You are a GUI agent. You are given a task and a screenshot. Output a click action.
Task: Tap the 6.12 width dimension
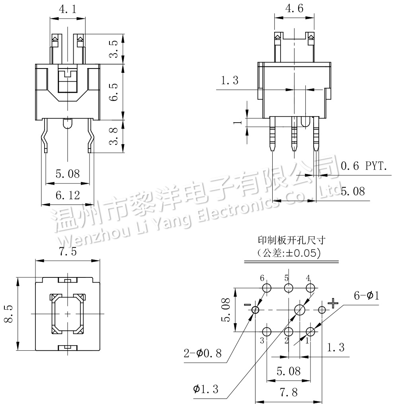68,195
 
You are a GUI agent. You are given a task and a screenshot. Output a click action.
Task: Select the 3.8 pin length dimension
115,136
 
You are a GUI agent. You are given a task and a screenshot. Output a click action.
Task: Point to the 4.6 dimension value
293,8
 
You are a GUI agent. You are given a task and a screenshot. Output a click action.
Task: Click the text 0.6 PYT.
364,166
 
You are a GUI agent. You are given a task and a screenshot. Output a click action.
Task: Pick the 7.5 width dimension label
68,252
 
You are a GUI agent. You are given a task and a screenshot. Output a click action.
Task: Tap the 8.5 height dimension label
9,314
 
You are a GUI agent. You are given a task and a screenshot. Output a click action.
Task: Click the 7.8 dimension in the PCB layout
288,392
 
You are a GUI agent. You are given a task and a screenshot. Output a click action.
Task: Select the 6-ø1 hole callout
366,296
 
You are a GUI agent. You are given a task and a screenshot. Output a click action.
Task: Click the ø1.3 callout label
206,389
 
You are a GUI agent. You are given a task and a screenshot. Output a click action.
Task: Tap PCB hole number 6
267,287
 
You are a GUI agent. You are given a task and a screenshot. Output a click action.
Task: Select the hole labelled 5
289,287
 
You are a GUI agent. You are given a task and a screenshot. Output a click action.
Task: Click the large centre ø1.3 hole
300,309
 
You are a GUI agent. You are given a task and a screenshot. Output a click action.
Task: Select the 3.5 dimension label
115,49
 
